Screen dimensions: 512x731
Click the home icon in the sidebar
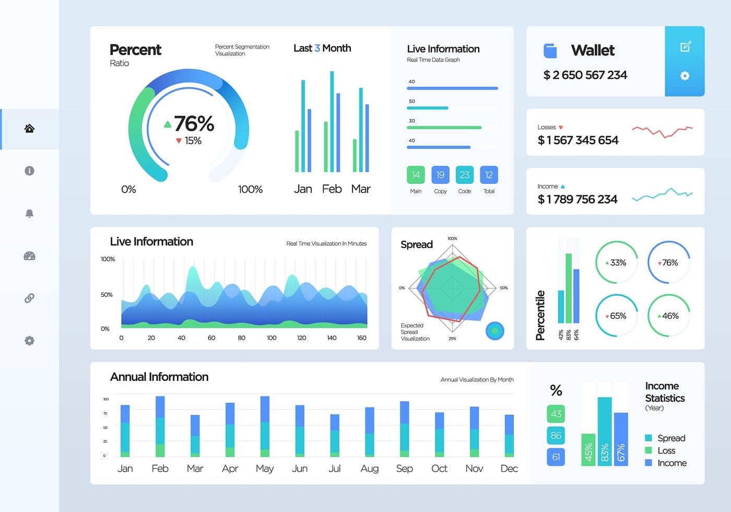click(29, 129)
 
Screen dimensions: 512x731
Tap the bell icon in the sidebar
click(29, 213)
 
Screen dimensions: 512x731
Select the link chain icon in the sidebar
click(29, 298)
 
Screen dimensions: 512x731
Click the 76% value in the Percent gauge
click(194, 124)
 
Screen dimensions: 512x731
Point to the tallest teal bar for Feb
click(332, 122)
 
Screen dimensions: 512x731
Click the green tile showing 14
click(416, 174)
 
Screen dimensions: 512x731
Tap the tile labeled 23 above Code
click(464, 174)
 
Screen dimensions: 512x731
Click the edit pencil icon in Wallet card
click(685, 47)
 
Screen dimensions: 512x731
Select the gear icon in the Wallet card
click(685, 76)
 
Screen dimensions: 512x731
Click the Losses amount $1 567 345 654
click(578, 140)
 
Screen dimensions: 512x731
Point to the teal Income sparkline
click(662, 195)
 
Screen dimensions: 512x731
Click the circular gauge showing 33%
click(617, 262)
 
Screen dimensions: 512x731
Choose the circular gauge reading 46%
click(669, 316)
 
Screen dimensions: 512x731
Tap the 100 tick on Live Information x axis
click(272, 338)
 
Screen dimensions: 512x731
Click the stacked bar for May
click(265, 426)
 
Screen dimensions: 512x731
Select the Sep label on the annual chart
click(404, 469)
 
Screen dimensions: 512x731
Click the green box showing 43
click(556, 414)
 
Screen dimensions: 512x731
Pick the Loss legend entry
click(666, 450)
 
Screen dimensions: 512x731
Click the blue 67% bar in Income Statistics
click(621, 439)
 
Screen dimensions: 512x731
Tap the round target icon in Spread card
click(495, 331)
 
